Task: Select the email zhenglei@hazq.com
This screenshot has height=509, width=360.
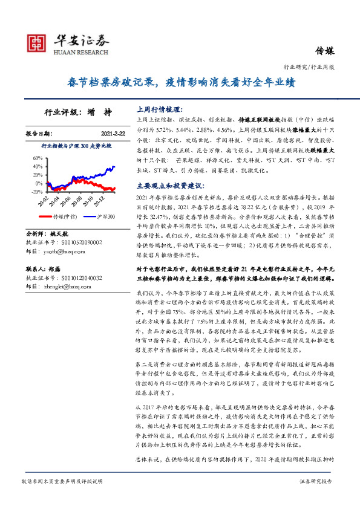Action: pos(65,288)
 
